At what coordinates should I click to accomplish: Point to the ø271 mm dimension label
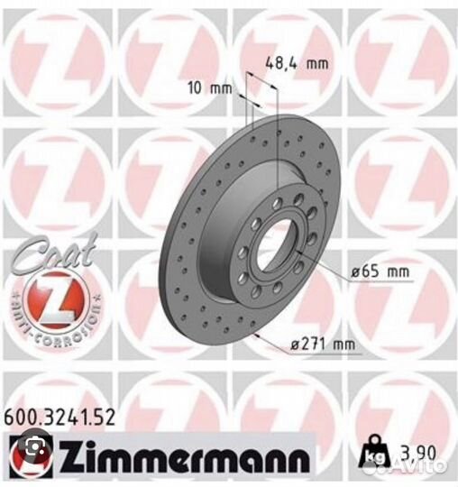coord(322,343)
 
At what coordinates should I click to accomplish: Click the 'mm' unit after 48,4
coord(316,62)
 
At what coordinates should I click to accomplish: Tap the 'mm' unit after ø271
coord(343,343)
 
